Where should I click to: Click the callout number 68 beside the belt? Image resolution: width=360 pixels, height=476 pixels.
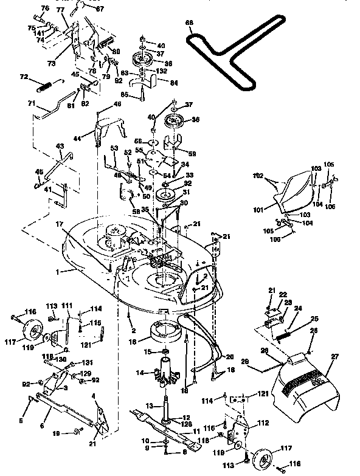189,23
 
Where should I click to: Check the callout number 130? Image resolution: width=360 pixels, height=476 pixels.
61,359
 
